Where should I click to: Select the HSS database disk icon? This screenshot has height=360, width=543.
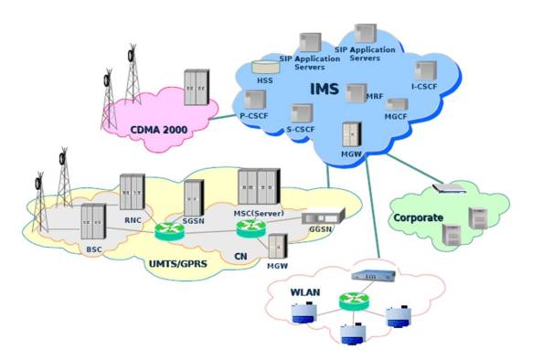click(x=265, y=67)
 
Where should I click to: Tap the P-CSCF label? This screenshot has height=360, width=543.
click(x=253, y=117)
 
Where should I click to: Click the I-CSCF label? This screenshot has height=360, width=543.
click(x=426, y=87)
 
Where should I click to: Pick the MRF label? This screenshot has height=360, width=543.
click(x=375, y=95)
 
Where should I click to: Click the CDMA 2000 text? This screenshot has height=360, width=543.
click(x=158, y=131)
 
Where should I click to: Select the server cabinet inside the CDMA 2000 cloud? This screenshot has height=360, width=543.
click(x=195, y=87)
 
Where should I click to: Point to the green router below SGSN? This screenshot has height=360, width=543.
click(x=169, y=231)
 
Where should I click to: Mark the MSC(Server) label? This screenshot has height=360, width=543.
click(x=261, y=213)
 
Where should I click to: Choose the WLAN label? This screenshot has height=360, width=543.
click(x=304, y=293)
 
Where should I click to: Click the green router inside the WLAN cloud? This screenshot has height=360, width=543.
click(x=349, y=300)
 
